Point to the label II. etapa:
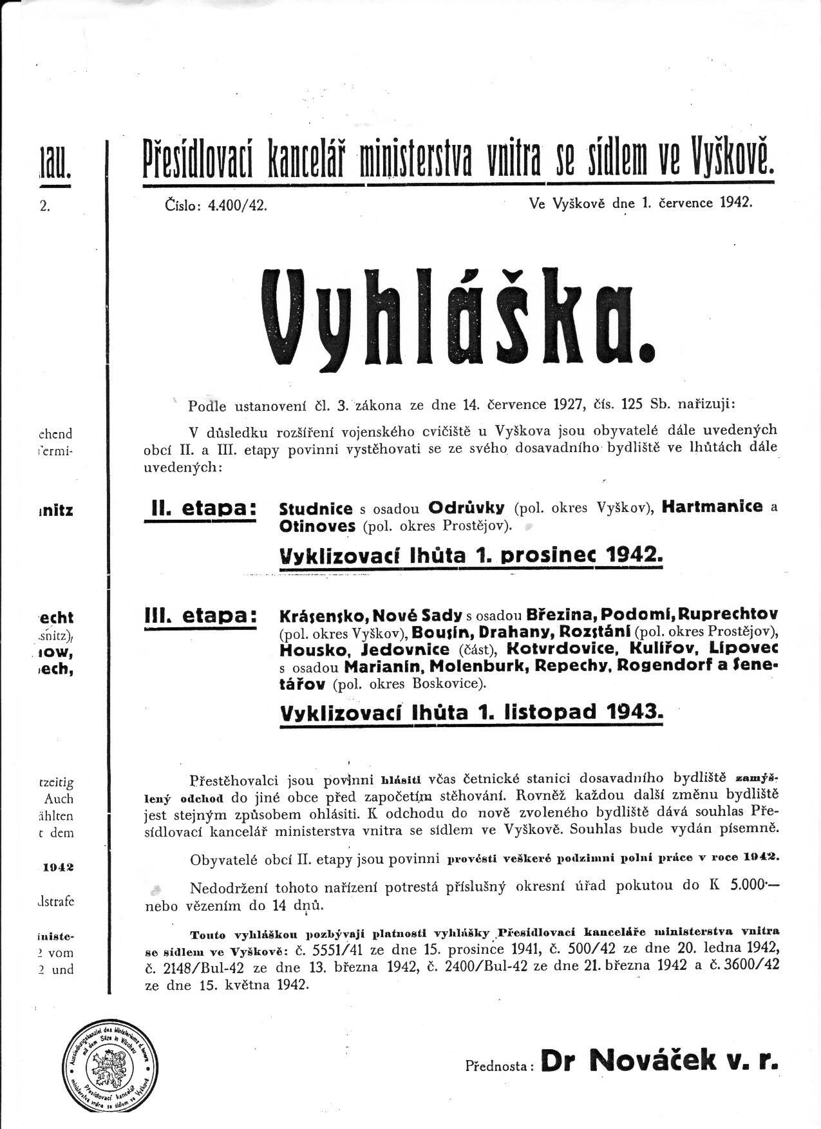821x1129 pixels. [200, 509]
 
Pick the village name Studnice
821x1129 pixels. [316, 508]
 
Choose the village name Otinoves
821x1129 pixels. [317, 526]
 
